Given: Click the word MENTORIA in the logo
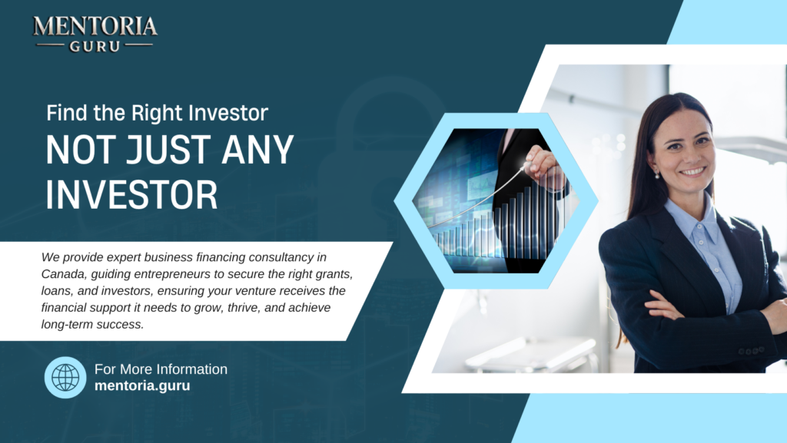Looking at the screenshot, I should (95, 27).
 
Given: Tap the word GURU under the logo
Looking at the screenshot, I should (95, 45).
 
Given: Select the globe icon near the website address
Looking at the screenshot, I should (65, 377).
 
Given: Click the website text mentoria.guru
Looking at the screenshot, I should (142, 385).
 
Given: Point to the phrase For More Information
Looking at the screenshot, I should (161, 369).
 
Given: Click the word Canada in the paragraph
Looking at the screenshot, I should (62, 274).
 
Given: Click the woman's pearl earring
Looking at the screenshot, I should (657, 175).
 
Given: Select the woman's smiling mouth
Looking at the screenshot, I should (692, 171).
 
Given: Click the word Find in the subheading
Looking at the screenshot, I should (64, 113).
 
